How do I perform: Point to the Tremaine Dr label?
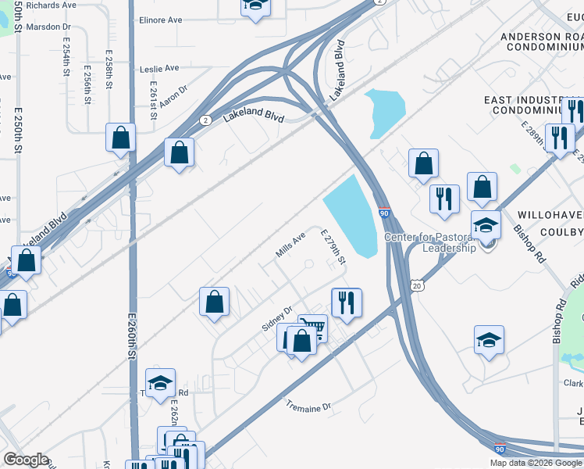click(x=308, y=406)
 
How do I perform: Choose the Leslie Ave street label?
click(x=160, y=68)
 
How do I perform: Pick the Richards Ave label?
click(x=51, y=5)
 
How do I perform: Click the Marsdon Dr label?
click(x=48, y=27)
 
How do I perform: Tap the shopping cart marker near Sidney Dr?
click(x=313, y=328)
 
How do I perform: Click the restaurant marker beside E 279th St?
click(x=346, y=302)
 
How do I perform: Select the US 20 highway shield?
click(x=418, y=286)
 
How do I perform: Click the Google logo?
click(x=26, y=460)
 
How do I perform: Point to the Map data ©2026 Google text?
click(x=536, y=463)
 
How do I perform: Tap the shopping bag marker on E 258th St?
click(x=121, y=138)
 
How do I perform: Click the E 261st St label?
click(x=153, y=100)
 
